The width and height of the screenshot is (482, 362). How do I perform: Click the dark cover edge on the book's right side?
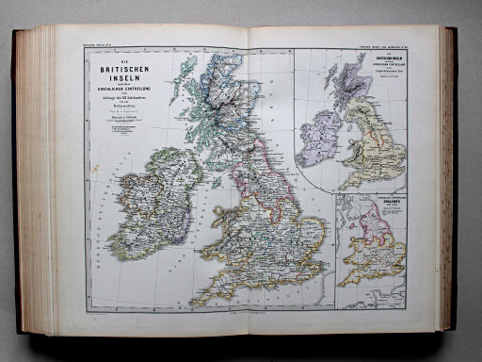tap(452, 179)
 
